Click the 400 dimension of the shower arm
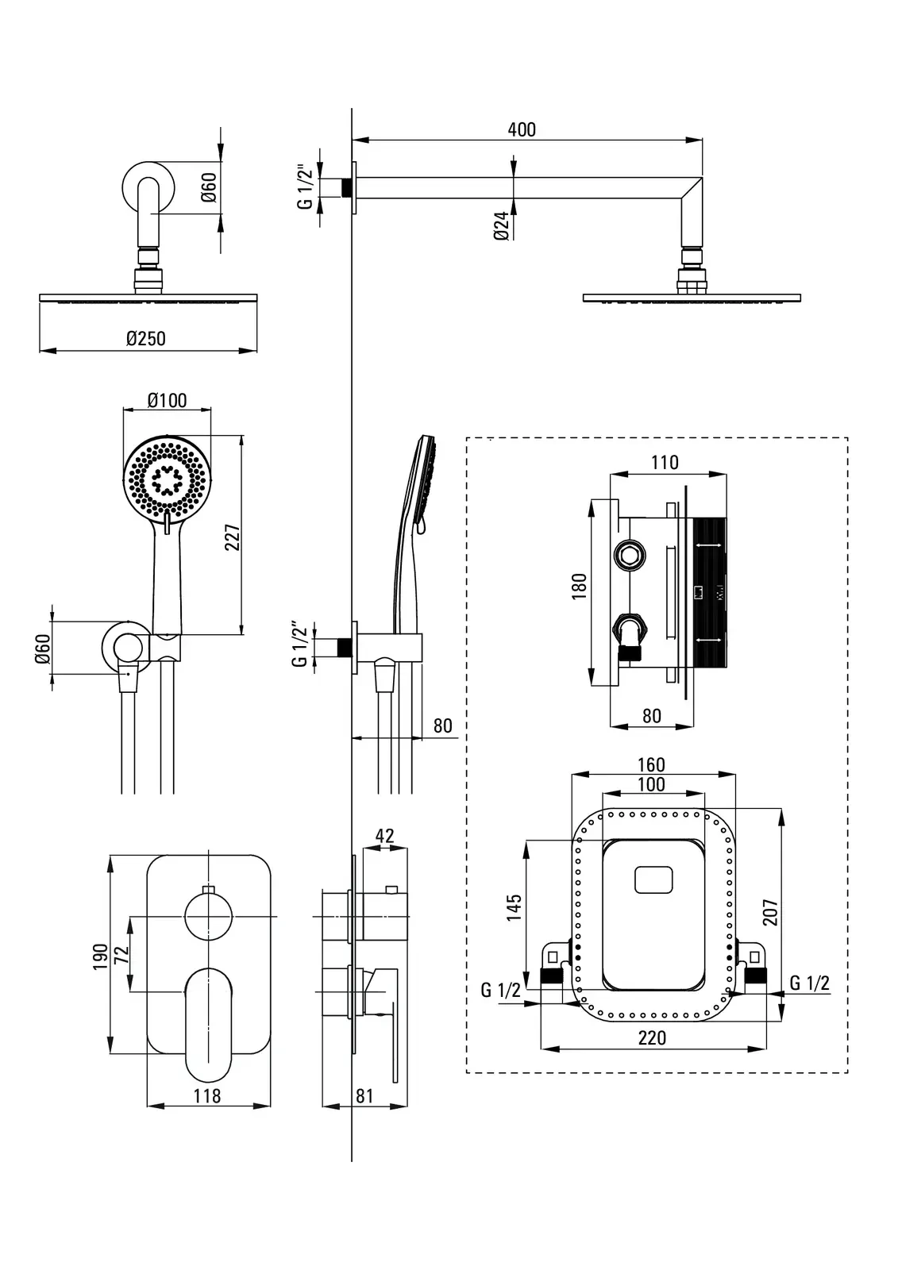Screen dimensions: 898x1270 [x=522, y=130]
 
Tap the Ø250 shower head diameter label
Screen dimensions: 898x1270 [x=146, y=338]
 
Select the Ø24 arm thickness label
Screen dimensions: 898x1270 [x=502, y=226]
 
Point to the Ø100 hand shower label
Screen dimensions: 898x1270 [x=167, y=400]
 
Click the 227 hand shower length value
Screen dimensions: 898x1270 [x=233, y=537]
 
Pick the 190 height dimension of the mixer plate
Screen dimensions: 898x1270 [x=100, y=956]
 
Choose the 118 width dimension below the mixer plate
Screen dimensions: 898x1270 [x=207, y=1096]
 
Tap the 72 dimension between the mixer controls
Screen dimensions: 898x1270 [x=121, y=955]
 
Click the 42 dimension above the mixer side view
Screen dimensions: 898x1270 [x=384, y=836]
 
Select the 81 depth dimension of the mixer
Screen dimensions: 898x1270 [x=364, y=1096]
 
